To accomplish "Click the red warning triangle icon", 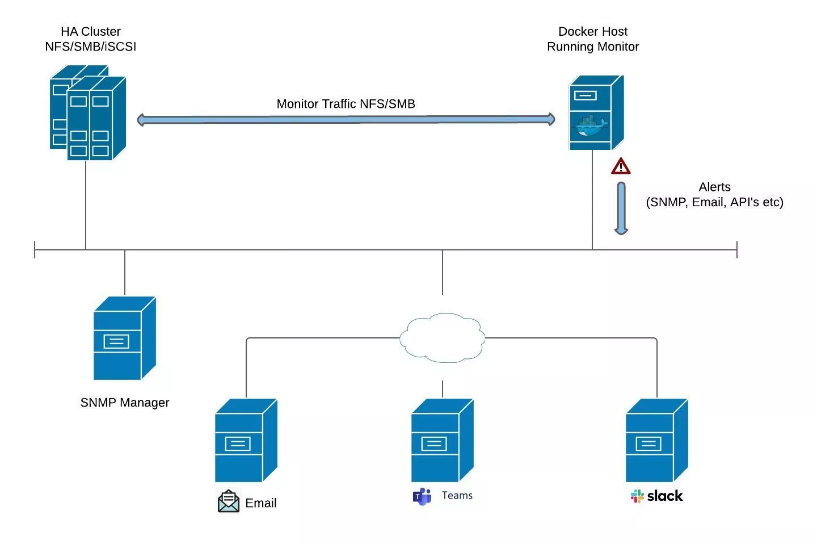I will pyautogui.click(x=621, y=167).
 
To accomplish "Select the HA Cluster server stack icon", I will pyautogui.click(x=88, y=114).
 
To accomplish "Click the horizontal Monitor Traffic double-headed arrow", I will pyautogui.click(x=346, y=119).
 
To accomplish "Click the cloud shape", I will pyautogui.click(x=442, y=337).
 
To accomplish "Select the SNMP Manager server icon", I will pyautogui.click(x=124, y=338).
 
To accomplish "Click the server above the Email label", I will pyautogui.click(x=245, y=441).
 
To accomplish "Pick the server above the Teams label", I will pyautogui.click(x=441, y=441).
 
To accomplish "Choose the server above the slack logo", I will pyautogui.click(x=656, y=441).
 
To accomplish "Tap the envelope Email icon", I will pyautogui.click(x=229, y=501).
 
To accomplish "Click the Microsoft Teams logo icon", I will pyautogui.click(x=422, y=496).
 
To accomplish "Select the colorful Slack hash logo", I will pyautogui.click(x=637, y=496).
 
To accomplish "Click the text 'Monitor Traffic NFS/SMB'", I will pyautogui.click(x=346, y=104).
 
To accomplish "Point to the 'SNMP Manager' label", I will pyautogui.click(x=125, y=403).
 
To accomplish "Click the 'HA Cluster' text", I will pyautogui.click(x=91, y=32).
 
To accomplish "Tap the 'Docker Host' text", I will pyautogui.click(x=593, y=32).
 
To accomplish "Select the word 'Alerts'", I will pyautogui.click(x=714, y=187).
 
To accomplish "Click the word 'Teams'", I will pyautogui.click(x=457, y=496).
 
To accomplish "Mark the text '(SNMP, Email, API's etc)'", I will pyautogui.click(x=714, y=202).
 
